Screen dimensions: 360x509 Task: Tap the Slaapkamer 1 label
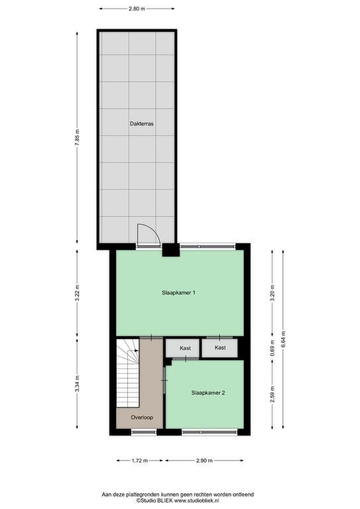[178, 292]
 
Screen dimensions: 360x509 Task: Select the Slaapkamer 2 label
[208, 393]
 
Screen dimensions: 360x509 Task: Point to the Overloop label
[142, 417]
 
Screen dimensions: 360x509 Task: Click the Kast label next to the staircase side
[185, 348]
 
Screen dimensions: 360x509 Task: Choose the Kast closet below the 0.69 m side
[220, 348]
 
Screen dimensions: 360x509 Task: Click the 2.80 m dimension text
[137, 9]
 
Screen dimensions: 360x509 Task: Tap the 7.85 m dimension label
[78, 138]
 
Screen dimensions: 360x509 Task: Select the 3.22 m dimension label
[78, 294]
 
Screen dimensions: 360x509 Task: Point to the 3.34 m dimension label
[78, 384]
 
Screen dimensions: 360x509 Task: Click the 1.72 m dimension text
[140, 461]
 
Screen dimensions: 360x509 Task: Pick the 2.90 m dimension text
[204, 461]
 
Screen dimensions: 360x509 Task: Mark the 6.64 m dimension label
[283, 339]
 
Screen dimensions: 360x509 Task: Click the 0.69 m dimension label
[272, 348]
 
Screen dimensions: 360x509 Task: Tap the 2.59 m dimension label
[272, 394]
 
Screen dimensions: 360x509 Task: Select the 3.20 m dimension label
[272, 293]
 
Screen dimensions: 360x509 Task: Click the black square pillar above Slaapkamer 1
[171, 250]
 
